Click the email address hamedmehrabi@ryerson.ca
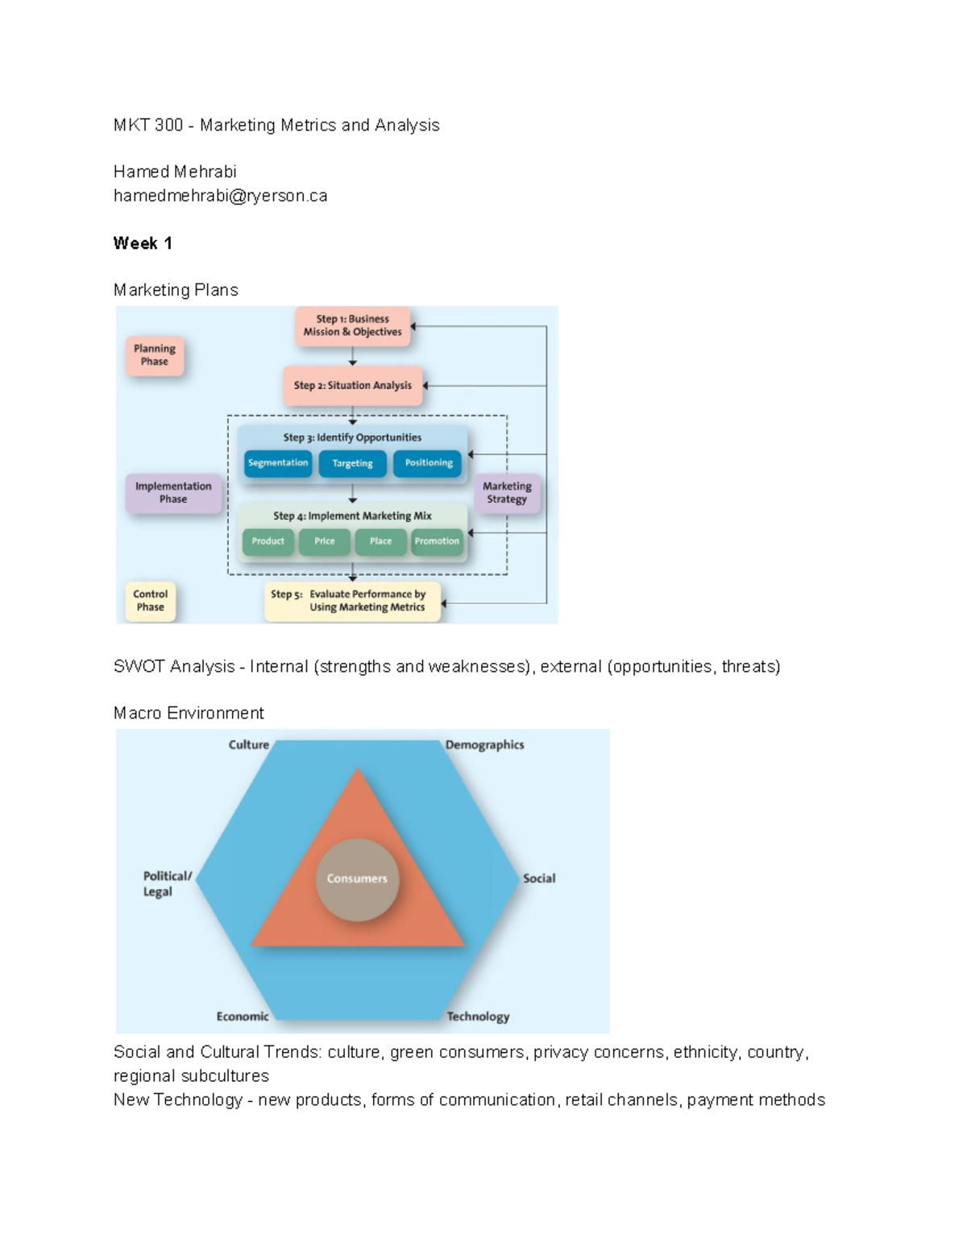[220, 196]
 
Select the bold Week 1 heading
[143, 243]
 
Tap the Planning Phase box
[155, 355]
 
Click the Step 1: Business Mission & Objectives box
[352, 325]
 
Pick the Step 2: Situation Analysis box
[352, 385]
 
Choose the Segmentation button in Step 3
[278, 463]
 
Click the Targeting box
[352, 463]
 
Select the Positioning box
[428, 463]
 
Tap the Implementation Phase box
[173, 492]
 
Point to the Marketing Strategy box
[507, 492]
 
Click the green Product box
[268, 541]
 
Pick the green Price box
[324, 541]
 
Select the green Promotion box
[437, 541]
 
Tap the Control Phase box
[150, 601]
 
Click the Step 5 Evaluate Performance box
[352, 601]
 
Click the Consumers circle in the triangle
[357, 879]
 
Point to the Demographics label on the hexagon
[484, 745]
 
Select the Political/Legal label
[167, 884]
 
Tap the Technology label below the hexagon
[478, 1017]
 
